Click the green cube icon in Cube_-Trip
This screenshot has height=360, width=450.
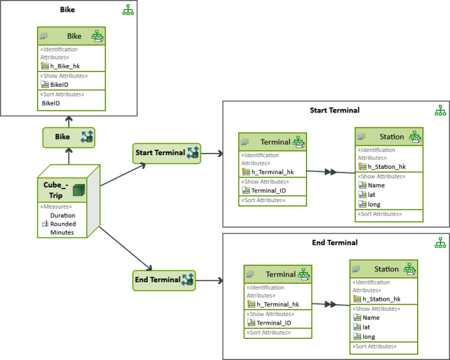click(79, 190)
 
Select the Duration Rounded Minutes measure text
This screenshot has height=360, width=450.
click(62, 224)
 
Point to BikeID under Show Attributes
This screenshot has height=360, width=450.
click(59, 84)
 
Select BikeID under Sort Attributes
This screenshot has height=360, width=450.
click(50, 103)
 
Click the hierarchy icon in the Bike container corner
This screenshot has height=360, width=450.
click(128, 10)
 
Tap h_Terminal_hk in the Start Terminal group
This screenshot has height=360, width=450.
click(272, 172)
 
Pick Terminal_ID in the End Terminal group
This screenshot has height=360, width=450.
click(274, 322)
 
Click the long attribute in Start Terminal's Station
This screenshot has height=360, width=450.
click(374, 204)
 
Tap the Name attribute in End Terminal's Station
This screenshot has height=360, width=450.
click(371, 318)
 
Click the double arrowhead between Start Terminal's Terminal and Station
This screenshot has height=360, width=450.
click(330, 172)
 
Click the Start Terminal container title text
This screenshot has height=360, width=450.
click(335, 110)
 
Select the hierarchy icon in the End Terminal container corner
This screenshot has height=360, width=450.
click(440, 242)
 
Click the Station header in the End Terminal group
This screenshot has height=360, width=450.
click(386, 269)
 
